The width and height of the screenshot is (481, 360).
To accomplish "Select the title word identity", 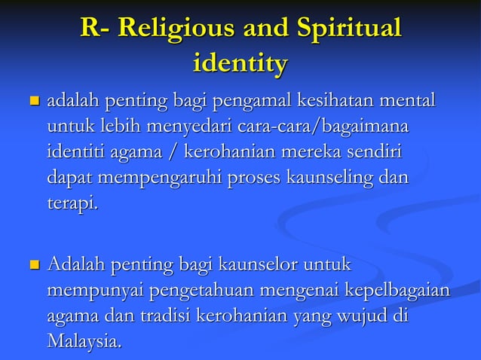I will [x=240, y=63].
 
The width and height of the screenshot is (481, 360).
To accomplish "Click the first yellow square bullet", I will [x=32, y=101].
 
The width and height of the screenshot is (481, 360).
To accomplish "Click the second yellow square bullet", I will [x=32, y=266].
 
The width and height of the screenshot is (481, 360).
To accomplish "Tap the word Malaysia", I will [x=83, y=343].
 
